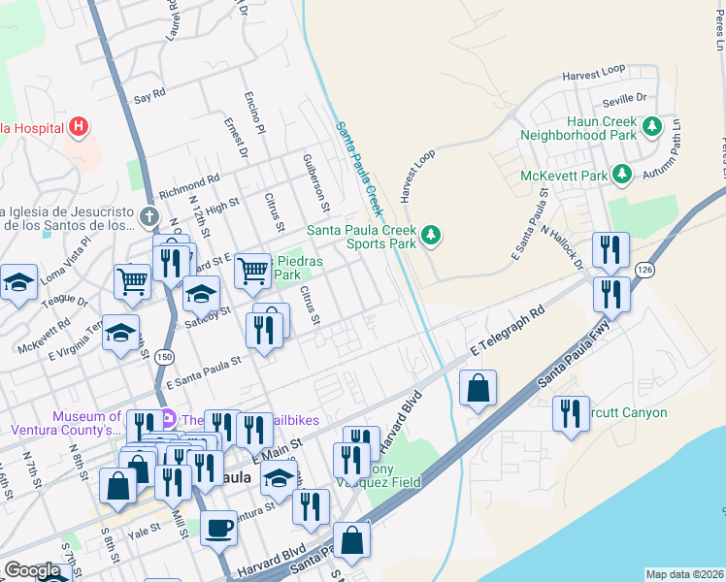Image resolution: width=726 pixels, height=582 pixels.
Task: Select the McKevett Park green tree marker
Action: (622, 176)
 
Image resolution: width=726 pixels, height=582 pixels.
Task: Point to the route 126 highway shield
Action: (644, 268)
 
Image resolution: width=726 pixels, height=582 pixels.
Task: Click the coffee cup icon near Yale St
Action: (218, 529)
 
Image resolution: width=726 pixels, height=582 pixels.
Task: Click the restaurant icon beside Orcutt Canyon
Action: (571, 414)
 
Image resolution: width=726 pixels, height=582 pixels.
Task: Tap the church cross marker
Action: (148, 215)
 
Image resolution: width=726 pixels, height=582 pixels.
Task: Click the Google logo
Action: (32, 570)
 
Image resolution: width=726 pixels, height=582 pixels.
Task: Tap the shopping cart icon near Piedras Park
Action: (252, 272)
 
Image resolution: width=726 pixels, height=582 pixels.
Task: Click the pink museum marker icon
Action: (168, 420)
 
